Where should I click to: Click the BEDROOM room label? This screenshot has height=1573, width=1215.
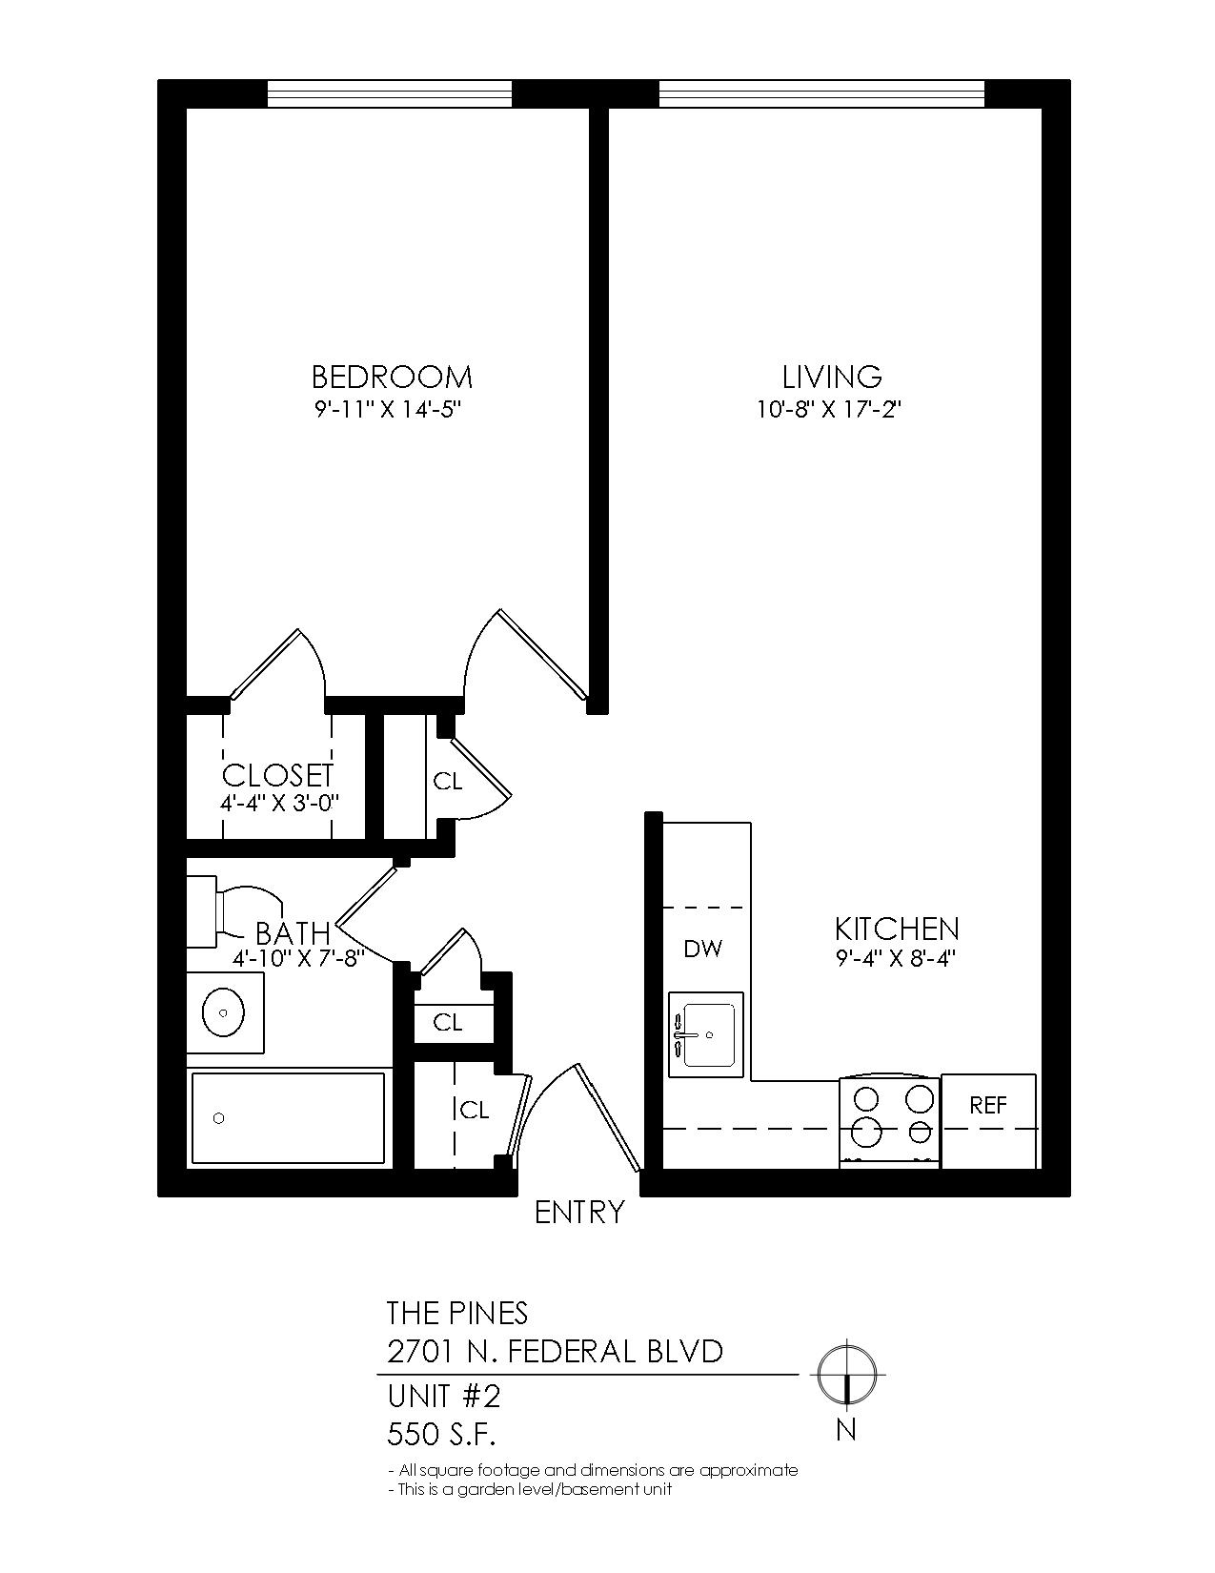click(392, 378)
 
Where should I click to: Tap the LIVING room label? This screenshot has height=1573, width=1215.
click(832, 377)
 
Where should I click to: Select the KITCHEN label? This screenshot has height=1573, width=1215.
click(897, 929)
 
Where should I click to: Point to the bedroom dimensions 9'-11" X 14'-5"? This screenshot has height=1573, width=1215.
click(388, 411)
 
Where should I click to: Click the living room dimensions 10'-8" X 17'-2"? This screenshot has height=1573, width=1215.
click(828, 411)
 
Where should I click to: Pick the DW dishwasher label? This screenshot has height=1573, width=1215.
click(702, 949)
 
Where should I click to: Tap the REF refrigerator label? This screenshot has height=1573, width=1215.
click(988, 1105)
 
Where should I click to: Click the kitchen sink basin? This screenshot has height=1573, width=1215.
click(708, 1035)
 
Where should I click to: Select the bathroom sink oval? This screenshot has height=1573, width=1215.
click(222, 1011)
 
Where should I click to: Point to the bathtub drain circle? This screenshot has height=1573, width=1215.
click(218, 1118)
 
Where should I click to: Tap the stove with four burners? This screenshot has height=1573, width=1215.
click(889, 1121)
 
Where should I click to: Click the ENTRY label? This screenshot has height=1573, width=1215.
click(579, 1213)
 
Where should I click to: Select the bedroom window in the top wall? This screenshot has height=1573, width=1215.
click(390, 93)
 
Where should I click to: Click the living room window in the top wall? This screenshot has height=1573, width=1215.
click(821, 93)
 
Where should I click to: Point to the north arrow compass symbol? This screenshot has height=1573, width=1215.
click(846, 1373)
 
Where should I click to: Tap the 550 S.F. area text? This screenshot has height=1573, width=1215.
click(440, 1434)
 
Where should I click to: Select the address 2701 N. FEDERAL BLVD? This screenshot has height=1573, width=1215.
click(555, 1352)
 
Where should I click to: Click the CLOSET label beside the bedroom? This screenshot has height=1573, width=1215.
click(278, 775)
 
